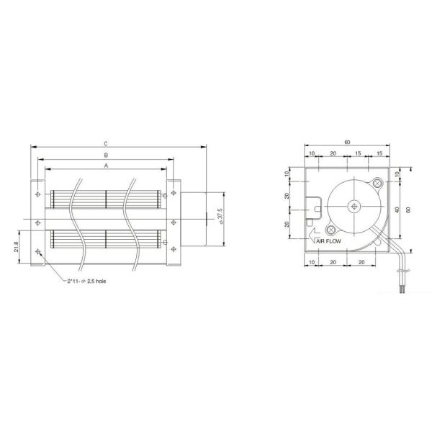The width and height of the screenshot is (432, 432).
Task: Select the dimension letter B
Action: [x=105, y=155]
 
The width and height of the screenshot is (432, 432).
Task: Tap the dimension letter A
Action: [x=105, y=166]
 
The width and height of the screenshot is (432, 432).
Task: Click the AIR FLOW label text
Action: [x=328, y=243]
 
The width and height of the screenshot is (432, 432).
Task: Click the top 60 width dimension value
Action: [x=348, y=143]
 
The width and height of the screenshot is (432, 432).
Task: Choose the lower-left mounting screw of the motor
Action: [x=330, y=230]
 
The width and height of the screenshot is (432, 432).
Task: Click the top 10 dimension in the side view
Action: [x=311, y=154]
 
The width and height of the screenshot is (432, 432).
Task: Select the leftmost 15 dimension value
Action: [x=358, y=154]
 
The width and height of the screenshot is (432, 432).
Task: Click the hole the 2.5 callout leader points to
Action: [x=37, y=252]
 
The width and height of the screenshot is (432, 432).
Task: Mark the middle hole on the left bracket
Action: [x=37, y=222]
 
